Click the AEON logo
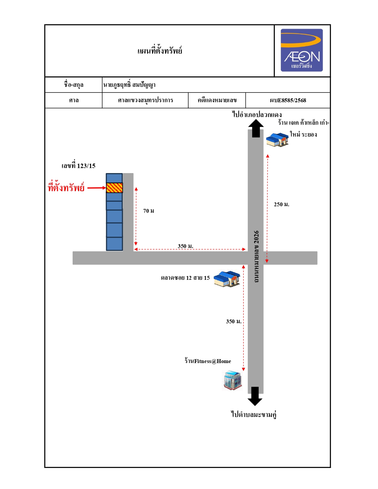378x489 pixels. click(x=302, y=50)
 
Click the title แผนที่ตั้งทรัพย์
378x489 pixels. click(x=160, y=51)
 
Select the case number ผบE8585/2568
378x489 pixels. click(x=288, y=100)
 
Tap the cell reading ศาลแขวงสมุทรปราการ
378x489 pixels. click(x=146, y=100)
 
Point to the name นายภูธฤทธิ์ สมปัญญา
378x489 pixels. click(x=129, y=84)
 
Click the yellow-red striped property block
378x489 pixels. click(x=114, y=188)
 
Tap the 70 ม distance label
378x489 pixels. click(x=149, y=211)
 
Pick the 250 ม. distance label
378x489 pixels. click(x=281, y=204)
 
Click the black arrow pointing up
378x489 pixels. click(x=256, y=128)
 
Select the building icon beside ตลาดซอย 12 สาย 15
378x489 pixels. click(x=227, y=279)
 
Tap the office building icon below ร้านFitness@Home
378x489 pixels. click(x=232, y=380)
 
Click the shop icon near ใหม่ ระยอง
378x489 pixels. click(x=277, y=140)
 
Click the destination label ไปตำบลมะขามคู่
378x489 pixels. click(x=253, y=414)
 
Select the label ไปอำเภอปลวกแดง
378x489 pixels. click(x=257, y=114)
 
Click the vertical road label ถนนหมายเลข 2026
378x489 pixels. click(x=256, y=256)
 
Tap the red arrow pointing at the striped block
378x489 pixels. click(x=97, y=188)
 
